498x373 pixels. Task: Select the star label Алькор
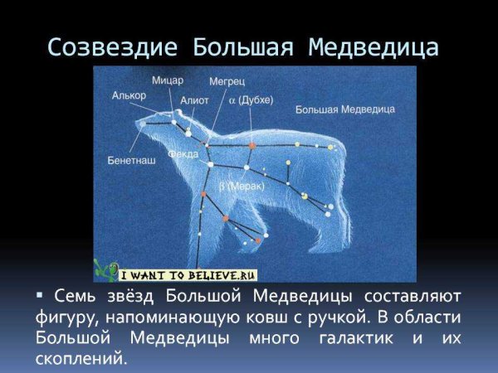tap(129, 96)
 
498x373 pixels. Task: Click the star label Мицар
tap(168, 80)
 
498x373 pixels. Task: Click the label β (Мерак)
tap(242, 187)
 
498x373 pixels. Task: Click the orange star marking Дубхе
tap(251, 146)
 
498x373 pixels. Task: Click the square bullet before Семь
tap(39, 296)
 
